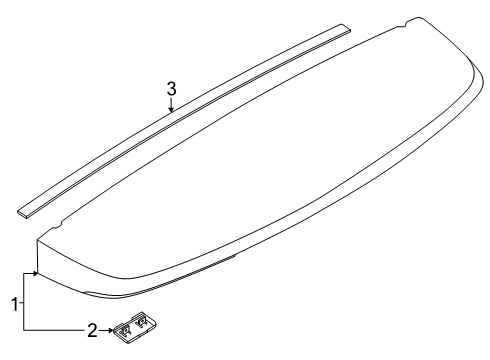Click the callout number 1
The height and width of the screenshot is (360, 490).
(x=15, y=304)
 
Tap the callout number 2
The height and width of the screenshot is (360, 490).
(x=92, y=330)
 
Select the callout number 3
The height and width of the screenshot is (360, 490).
(x=171, y=89)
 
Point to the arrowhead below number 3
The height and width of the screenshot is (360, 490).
(x=171, y=109)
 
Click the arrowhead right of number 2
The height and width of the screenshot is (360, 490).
(x=110, y=330)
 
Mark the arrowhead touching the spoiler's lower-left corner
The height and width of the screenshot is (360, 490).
(x=35, y=273)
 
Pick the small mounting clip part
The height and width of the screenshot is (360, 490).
(x=135, y=328)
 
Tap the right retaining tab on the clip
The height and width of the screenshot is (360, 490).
(x=142, y=321)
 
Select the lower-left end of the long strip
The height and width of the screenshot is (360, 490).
(x=22, y=213)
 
